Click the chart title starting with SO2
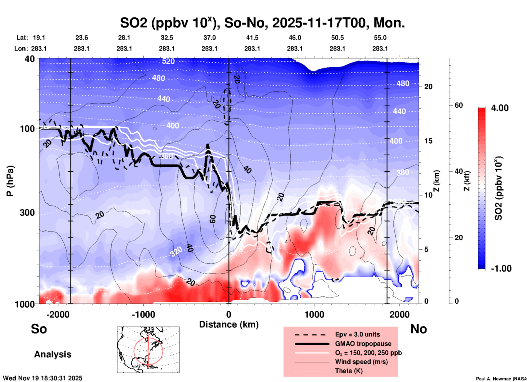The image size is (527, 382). point(262,23)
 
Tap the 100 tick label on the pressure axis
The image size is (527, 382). point(27,129)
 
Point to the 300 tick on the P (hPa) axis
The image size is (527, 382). point(27,212)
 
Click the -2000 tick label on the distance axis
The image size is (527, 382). point(58,314)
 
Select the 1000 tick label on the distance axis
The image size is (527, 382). point(314,314)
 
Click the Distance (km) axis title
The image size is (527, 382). point(229,324)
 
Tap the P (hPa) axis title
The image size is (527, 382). point(10,181)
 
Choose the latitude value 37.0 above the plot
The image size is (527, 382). point(209,38)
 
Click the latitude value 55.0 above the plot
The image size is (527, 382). point(380,38)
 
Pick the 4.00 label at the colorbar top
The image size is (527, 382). point(500,108)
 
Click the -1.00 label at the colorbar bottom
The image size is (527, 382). point(501,268)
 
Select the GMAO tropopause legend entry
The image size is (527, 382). point(363,344)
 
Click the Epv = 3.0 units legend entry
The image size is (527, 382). point(357,334)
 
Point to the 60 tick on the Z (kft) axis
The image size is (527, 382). point(459,105)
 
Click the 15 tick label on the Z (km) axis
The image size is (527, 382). point(428,141)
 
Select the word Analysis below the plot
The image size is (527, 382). point(53,354)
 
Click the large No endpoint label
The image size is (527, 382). point(418,329)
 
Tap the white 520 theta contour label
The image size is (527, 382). point(168,61)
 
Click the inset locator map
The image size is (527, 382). point(148,349)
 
